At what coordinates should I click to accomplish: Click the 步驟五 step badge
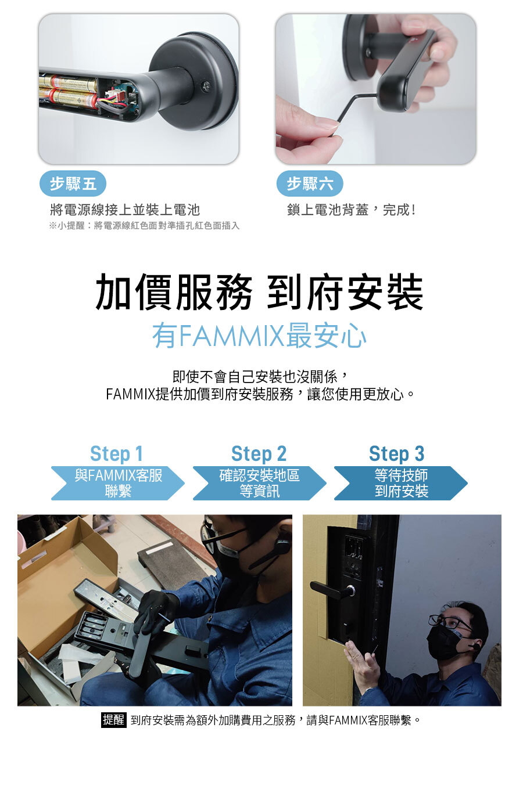(x=73, y=184)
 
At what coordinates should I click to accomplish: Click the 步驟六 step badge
(x=309, y=184)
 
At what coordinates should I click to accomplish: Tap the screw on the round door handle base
(x=206, y=86)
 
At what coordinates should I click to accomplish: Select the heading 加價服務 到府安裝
(x=259, y=292)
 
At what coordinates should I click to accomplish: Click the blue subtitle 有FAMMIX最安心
(x=259, y=336)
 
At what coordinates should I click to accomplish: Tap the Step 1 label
(x=116, y=453)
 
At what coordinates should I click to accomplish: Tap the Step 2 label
(x=259, y=453)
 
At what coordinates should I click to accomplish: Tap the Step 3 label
(x=396, y=453)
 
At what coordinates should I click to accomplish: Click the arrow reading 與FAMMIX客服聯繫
(x=118, y=483)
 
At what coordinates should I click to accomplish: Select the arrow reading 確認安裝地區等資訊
(x=259, y=483)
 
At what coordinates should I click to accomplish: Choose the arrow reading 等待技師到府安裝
(x=401, y=483)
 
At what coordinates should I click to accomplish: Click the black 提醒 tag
(x=113, y=720)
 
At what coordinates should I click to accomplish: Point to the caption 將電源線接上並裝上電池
(x=125, y=210)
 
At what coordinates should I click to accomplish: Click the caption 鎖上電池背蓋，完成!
(x=351, y=210)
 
